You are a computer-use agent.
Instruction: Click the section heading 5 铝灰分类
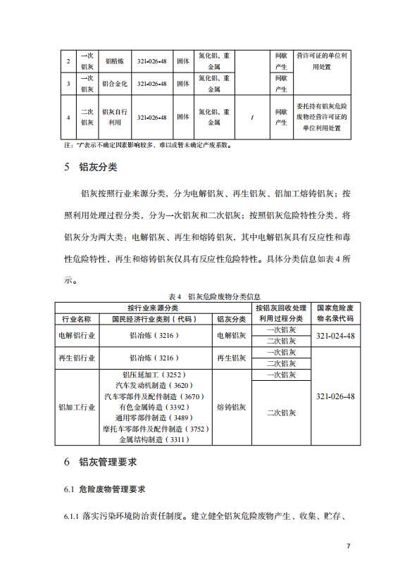[x=91, y=168]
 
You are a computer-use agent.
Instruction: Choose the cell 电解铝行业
[x=77, y=336]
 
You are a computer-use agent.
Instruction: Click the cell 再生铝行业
[x=77, y=358]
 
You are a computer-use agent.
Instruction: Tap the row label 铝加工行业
[x=77, y=407]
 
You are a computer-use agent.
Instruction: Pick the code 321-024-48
[x=336, y=336]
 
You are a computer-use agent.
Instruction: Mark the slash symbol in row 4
[x=252, y=117]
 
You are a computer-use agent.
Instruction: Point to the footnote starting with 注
[x=147, y=146]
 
